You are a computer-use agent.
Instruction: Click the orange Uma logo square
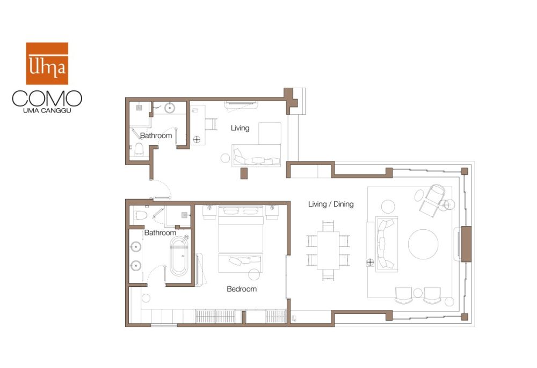click(47, 63)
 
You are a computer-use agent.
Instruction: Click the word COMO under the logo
click(47, 98)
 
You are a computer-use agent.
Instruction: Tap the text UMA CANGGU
click(47, 111)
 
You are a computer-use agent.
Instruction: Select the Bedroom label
click(242, 289)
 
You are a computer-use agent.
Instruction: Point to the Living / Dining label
click(331, 204)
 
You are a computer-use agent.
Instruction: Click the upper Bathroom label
click(156, 136)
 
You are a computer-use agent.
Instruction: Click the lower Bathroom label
click(160, 232)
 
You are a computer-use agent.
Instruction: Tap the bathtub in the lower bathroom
click(179, 257)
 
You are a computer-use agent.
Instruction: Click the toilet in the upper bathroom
click(139, 148)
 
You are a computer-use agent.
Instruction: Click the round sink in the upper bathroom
click(170, 108)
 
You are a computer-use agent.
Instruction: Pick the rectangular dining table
click(328, 250)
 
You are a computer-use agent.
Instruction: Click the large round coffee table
click(423, 244)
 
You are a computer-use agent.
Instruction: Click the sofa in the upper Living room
click(256, 155)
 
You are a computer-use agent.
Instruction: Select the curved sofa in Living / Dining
click(387, 244)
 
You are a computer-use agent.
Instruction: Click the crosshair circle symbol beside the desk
click(197, 139)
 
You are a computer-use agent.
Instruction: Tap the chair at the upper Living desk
click(211, 124)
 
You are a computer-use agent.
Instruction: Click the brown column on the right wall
click(466, 244)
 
